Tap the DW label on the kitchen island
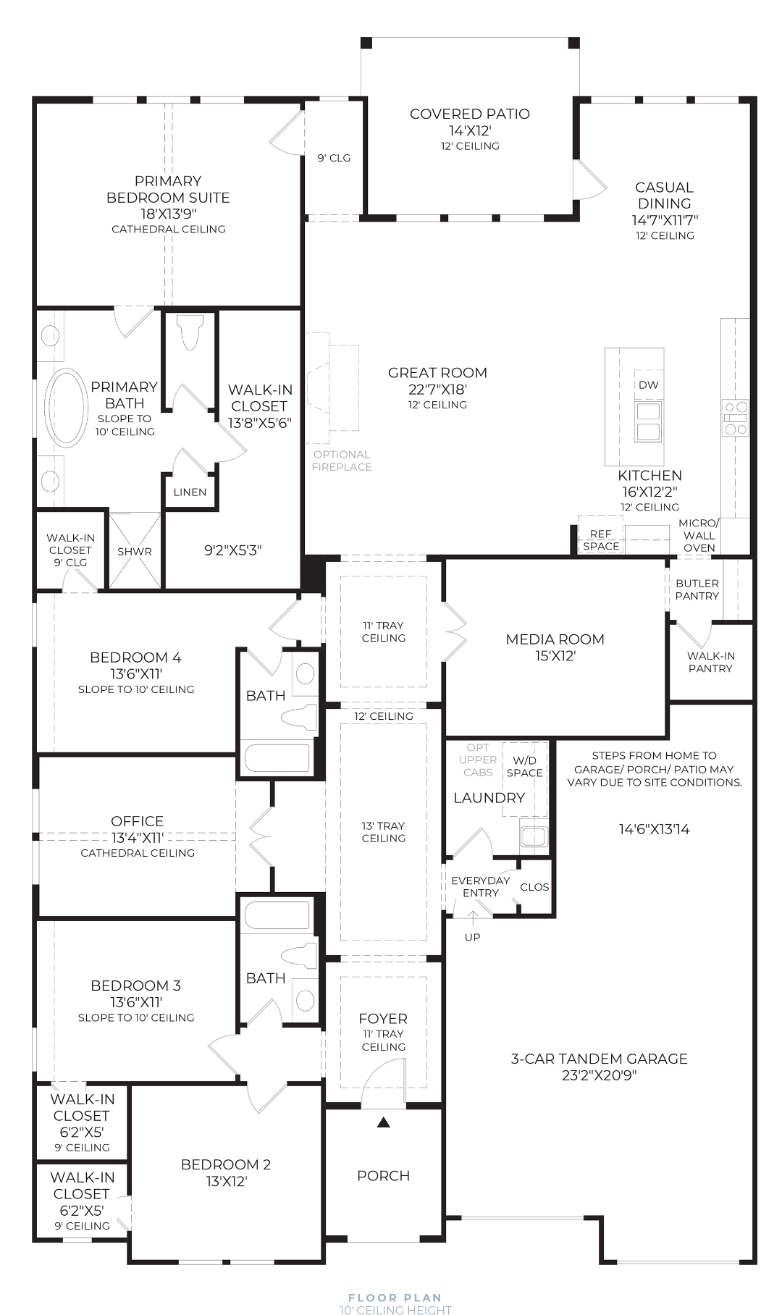(648, 385)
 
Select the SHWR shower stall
(135, 550)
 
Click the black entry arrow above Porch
(384, 1122)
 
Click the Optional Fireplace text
(342, 461)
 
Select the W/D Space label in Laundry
(524, 767)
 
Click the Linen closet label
(190, 492)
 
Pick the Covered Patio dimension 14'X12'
(470, 130)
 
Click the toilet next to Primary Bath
(190, 331)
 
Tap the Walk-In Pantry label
(710, 662)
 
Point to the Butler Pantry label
(697, 589)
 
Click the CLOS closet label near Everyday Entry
(534, 887)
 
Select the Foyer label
(383, 1019)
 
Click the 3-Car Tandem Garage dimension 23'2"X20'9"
(599, 1075)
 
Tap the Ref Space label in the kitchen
(601, 540)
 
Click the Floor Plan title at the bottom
(395, 1298)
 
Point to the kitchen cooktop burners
(735, 418)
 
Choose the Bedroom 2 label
(226, 1164)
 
